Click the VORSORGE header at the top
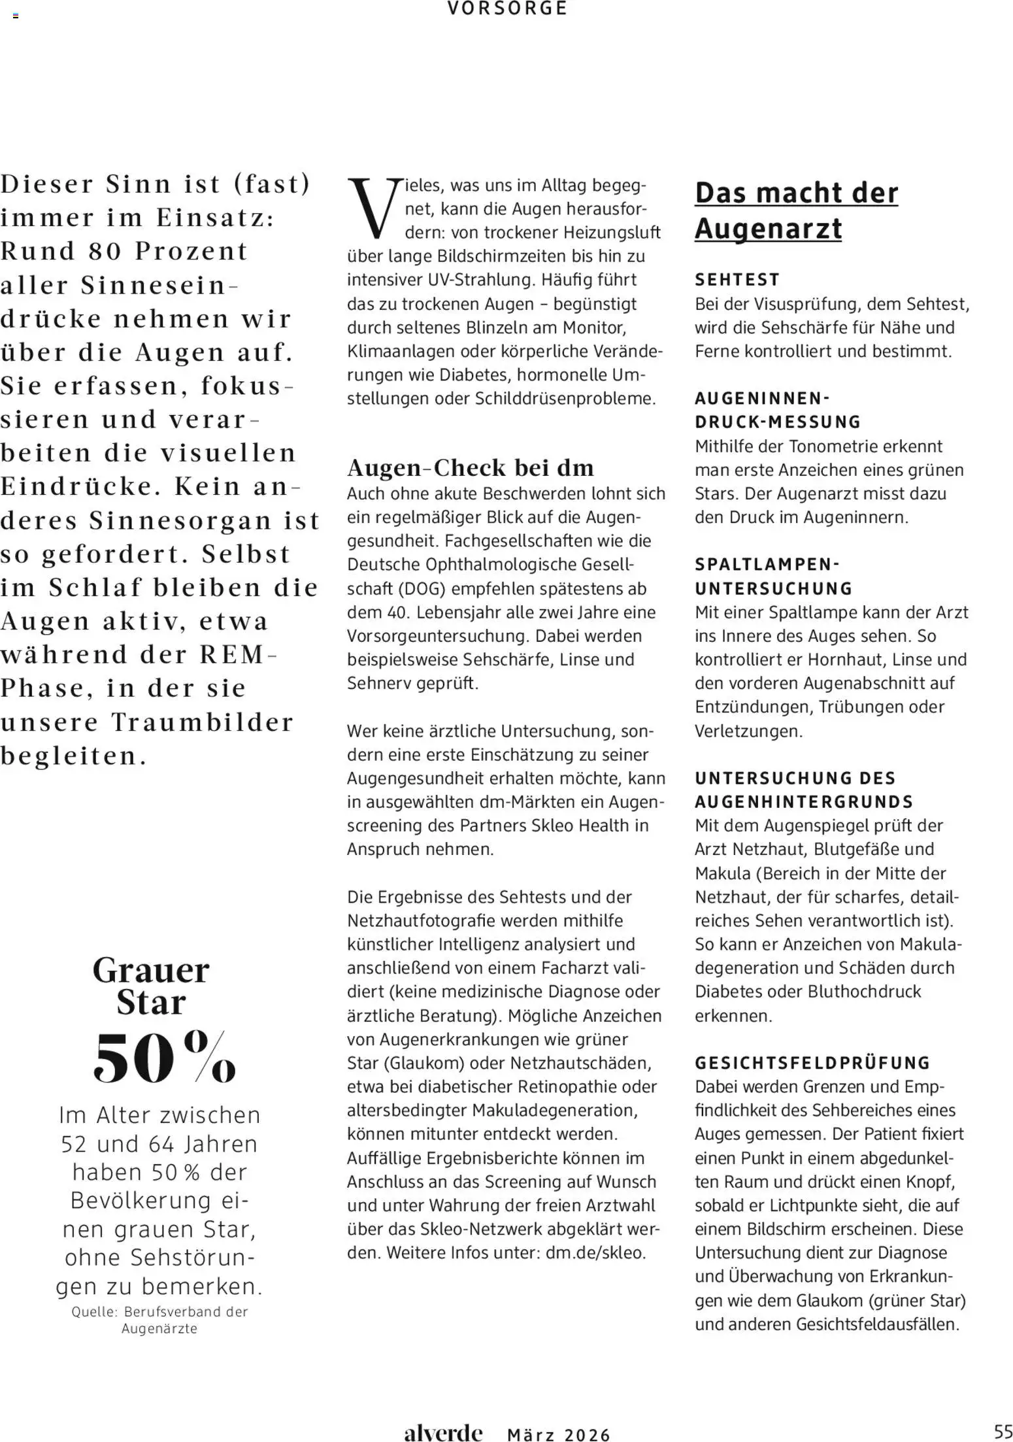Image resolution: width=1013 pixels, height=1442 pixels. pos(507,8)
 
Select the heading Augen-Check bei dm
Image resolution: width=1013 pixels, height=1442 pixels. pos(470,468)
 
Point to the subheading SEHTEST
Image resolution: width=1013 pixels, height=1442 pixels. pos(737,280)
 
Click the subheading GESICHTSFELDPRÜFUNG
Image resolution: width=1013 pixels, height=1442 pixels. pos(812,1064)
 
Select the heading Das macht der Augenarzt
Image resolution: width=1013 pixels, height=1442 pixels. pos(796,210)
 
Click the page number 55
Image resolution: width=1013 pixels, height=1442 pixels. pos(1003,1430)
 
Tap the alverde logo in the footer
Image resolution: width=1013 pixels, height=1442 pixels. pos(442,1433)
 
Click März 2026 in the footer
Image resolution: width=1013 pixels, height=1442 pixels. pos(558,1435)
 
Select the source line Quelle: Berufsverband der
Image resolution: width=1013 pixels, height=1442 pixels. pos(159,1312)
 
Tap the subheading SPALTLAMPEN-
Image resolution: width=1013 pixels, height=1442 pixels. pos(767,564)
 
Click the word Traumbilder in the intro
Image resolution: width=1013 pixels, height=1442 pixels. pos(202,722)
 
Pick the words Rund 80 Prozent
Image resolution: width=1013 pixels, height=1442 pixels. pos(124,252)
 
